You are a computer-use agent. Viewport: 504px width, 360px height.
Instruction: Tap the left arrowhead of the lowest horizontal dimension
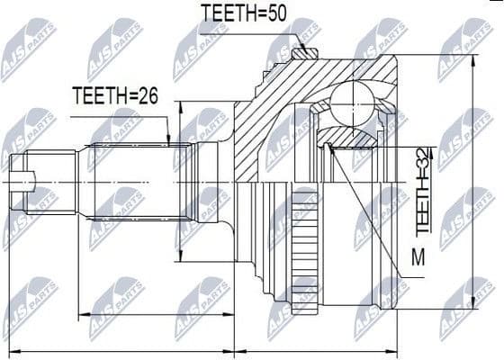[x=13, y=349]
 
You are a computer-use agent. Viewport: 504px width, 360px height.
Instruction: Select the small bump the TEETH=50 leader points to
[x=301, y=51]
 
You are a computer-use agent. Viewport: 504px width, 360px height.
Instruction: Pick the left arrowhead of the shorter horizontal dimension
[x=84, y=315]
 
